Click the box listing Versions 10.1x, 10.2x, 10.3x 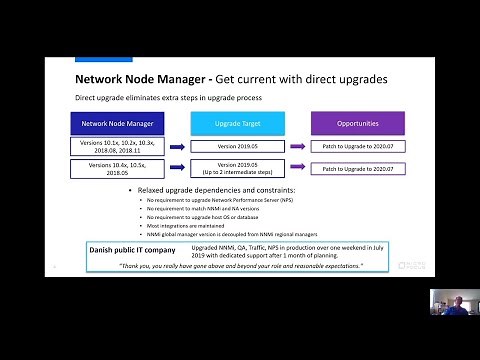click(x=111, y=147)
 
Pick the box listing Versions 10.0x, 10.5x click(x=111, y=169)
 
